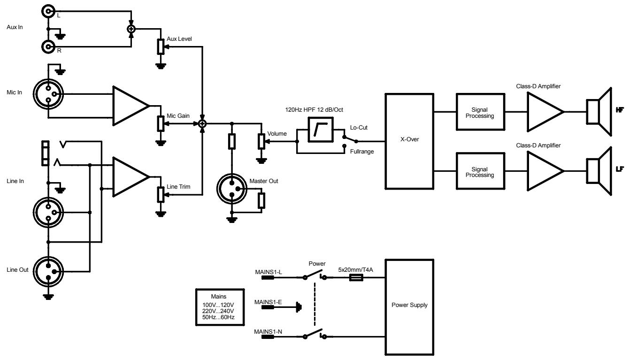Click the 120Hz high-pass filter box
click(x=320, y=130)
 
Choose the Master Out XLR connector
click(x=231, y=189)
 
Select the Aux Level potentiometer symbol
click(x=161, y=47)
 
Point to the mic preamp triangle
click(x=129, y=106)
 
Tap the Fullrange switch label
click(x=362, y=152)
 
